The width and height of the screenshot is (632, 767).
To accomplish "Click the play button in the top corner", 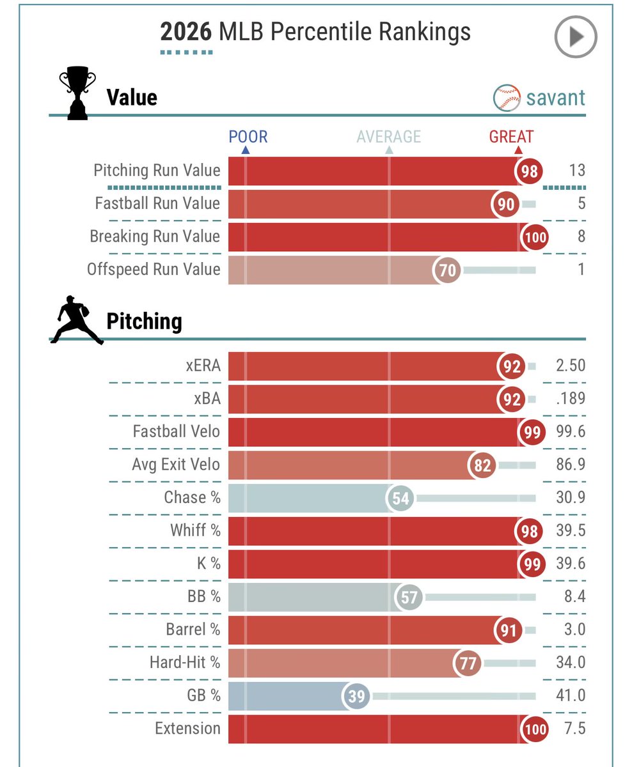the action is tap(576, 36).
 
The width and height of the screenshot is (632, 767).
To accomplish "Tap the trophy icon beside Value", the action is tap(77, 93).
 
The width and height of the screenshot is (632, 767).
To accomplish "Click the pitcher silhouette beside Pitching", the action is tap(77, 320).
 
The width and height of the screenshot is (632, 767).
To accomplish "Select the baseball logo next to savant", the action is tap(507, 98).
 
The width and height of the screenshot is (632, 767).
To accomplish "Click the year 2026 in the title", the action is tap(186, 32).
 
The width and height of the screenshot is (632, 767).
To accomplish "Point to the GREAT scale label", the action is tap(511, 137).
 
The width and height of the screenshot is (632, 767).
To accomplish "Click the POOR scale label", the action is tap(248, 137).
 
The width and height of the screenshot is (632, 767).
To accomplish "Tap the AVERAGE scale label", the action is tap(388, 137).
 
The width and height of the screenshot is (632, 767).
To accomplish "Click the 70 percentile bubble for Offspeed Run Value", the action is tap(446, 270).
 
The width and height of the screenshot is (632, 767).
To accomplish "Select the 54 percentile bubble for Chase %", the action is tap(400, 498).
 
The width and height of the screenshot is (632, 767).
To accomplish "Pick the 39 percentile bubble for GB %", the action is tap(356, 696).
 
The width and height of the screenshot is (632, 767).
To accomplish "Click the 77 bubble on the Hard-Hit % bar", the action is tap(468, 663).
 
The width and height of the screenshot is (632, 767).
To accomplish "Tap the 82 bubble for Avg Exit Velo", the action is tap(482, 465).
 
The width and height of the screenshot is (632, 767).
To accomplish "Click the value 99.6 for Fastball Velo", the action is tap(571, 431).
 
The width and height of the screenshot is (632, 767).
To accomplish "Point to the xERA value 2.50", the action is tap(571, 366).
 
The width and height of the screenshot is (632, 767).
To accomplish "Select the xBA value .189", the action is tap(571, 399).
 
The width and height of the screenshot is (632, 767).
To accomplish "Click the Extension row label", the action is tap(188, 729).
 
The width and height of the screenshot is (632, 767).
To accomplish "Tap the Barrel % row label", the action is tap(193, 630).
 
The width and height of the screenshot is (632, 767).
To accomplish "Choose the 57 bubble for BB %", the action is tap(409, 597).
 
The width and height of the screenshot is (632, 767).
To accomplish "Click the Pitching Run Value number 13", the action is tap(577, 170).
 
